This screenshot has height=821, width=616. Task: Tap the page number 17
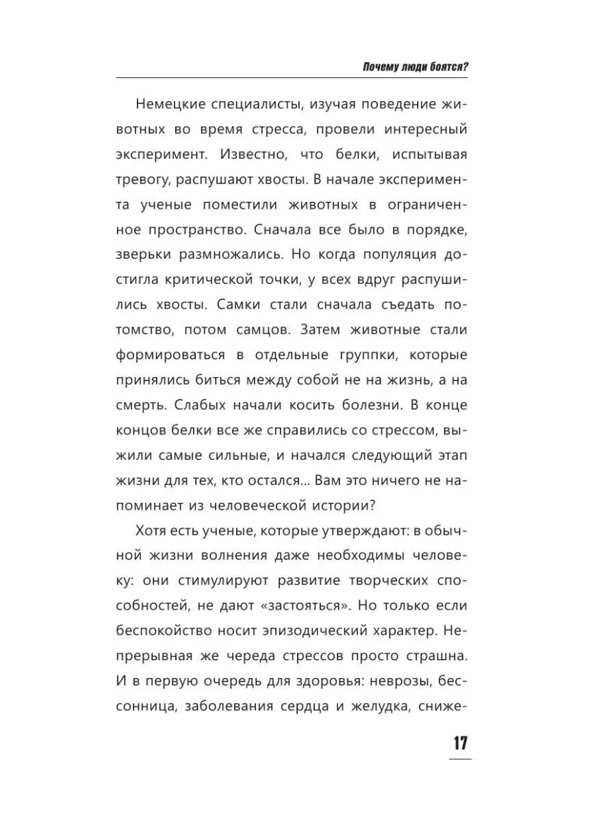point(459,743)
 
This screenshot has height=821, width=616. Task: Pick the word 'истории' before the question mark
point(363,505)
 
